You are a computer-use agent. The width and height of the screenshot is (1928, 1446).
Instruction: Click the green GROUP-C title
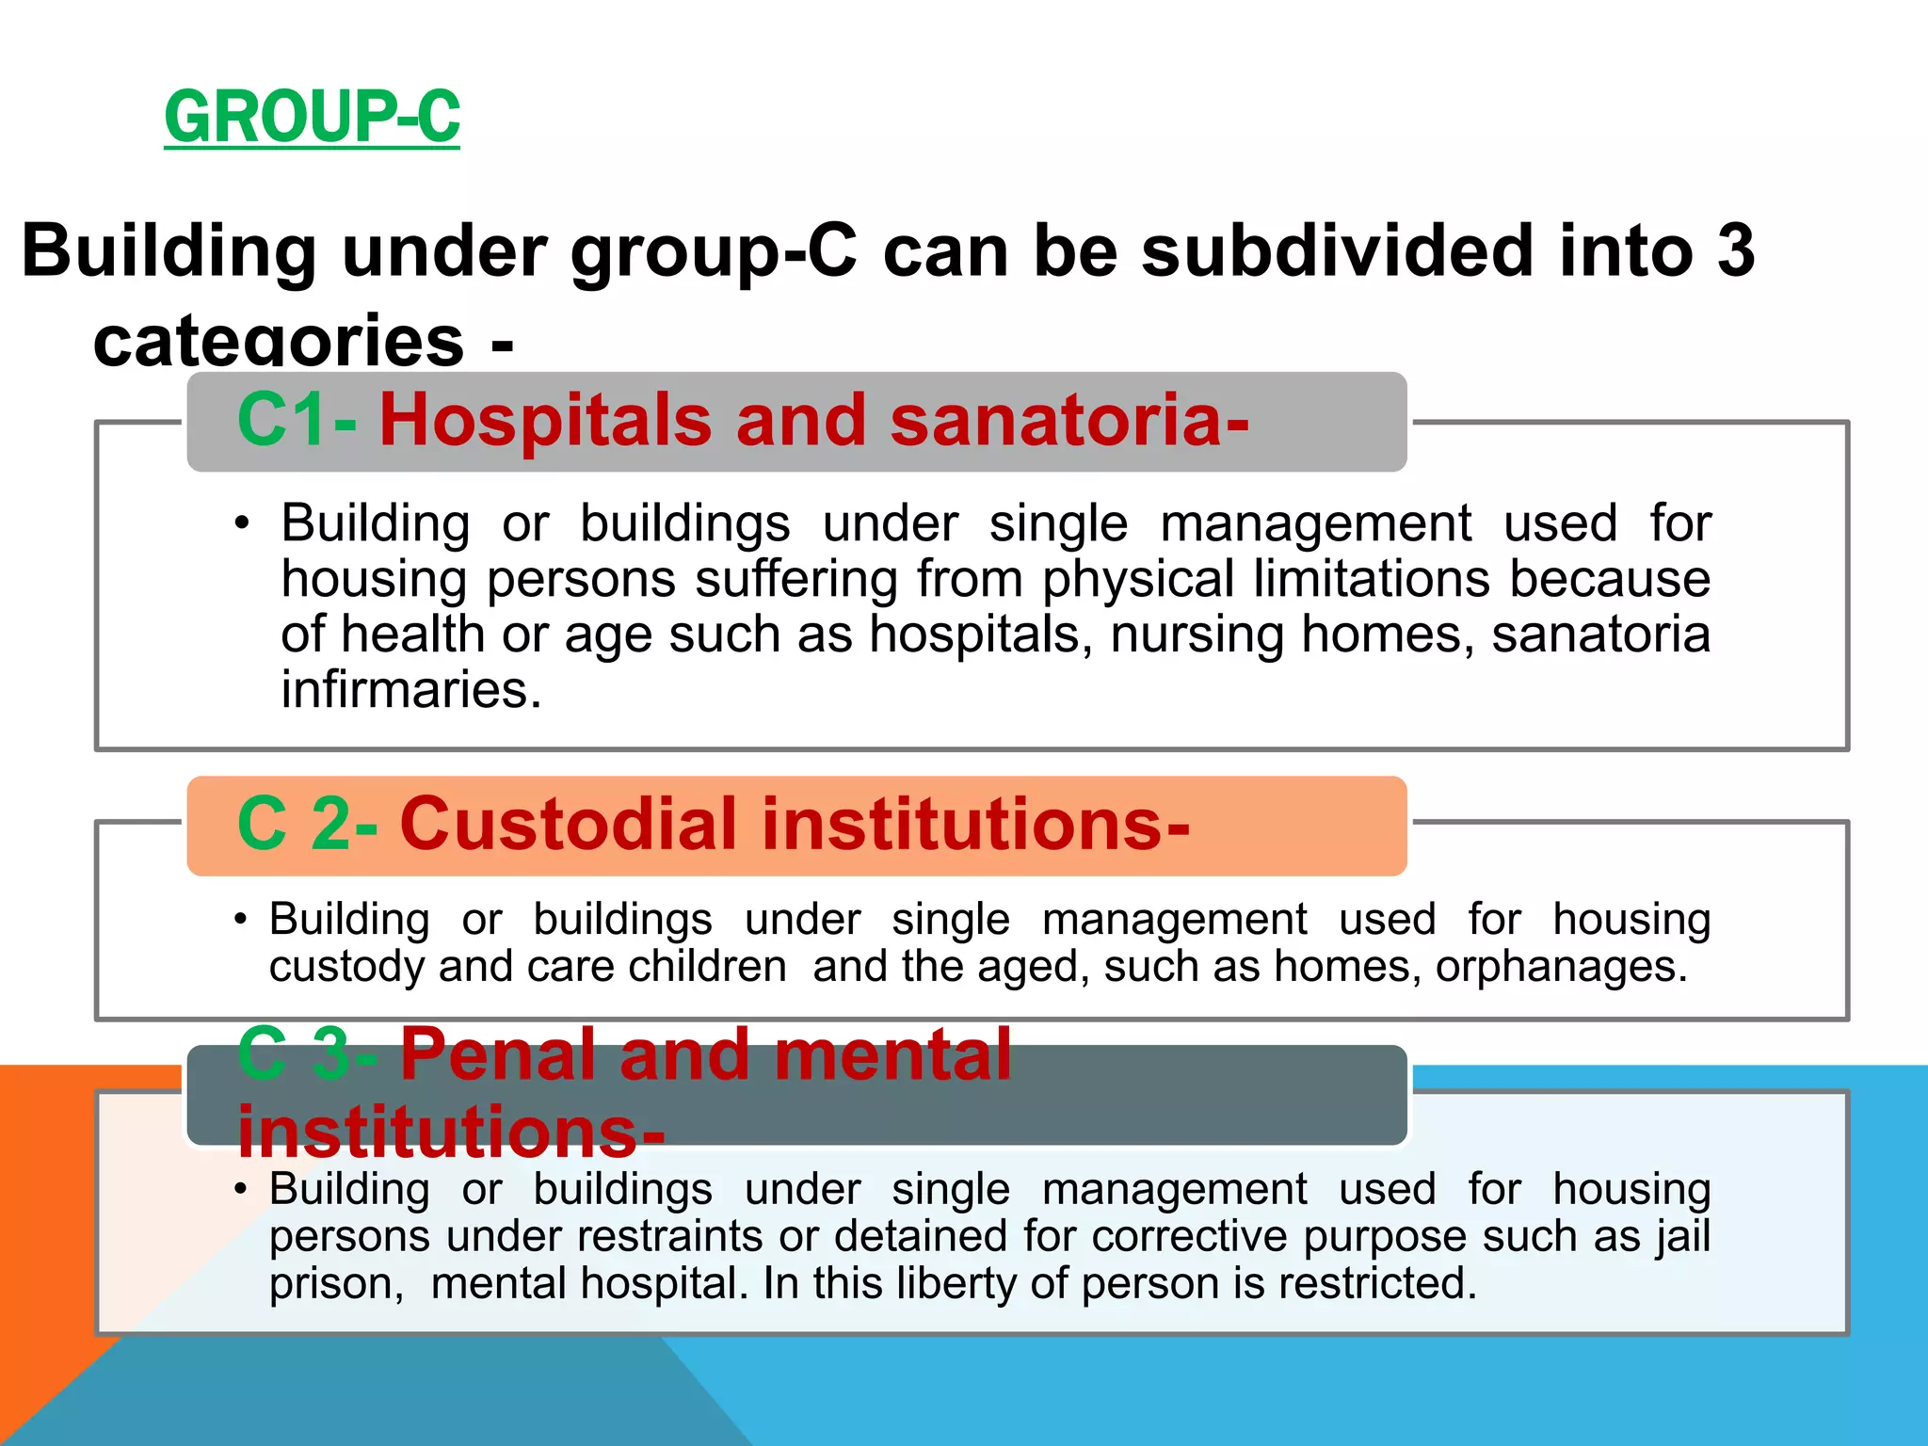coord(312,117)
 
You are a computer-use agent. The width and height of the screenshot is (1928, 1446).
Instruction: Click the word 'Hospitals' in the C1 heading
coord(545,420)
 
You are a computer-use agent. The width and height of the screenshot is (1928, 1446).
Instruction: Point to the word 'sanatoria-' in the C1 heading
coord(1069,420)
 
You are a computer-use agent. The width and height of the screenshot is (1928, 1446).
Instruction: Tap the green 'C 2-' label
coord(307,825)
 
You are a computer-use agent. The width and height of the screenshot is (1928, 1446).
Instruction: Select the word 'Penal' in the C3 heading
coord(499,1054)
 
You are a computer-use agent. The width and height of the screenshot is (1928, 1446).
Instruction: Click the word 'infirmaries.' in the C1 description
coord(411,690)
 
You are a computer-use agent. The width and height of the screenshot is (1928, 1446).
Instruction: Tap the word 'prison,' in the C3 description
coord(336,1284)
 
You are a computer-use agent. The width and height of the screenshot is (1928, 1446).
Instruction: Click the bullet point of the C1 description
coord(243,523)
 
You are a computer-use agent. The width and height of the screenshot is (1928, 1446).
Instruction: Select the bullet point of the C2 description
coord(241,919)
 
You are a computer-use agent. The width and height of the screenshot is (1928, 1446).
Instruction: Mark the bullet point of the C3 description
coord(241,1189)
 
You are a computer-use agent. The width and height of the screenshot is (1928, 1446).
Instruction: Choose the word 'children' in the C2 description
coord(707,967)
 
